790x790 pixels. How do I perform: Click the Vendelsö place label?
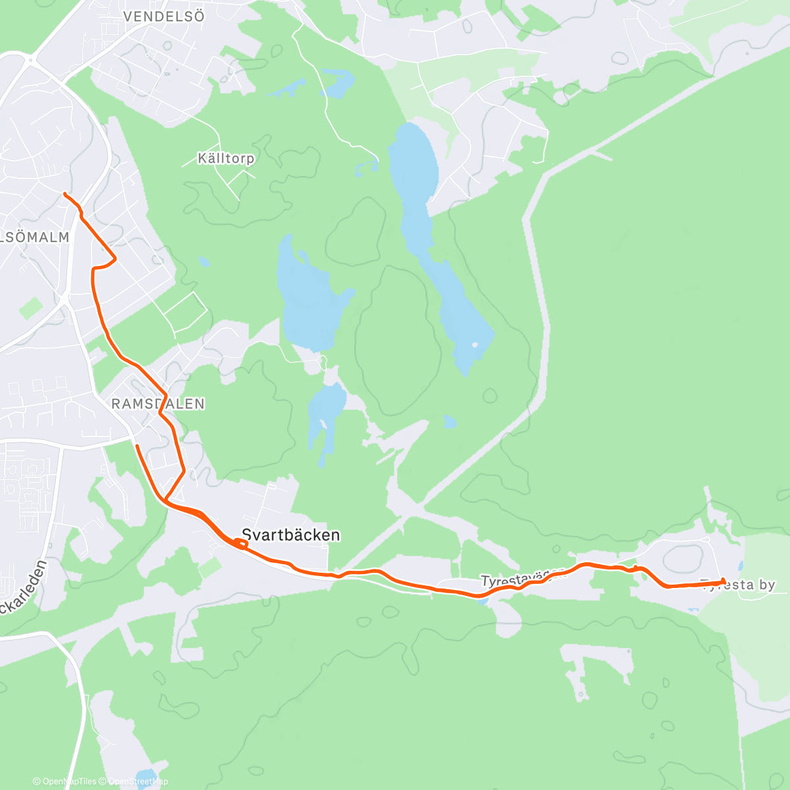(164, 16)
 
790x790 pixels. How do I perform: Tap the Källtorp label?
(226, 159)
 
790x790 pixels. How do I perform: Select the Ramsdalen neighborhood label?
(158, 404)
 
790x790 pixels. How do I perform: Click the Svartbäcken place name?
(290, 535)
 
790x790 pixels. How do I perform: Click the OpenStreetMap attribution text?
(138, 781)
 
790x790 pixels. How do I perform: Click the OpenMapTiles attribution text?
(68, 781)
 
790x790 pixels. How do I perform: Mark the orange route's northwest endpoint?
(65, 194)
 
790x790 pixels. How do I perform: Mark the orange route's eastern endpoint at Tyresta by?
(724, 580)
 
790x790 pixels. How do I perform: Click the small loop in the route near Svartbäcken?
(240, 543)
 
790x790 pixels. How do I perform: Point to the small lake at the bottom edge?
(144, 777)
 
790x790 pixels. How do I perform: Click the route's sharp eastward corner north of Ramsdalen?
(116, 259)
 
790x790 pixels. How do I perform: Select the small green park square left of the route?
(30, 307)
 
